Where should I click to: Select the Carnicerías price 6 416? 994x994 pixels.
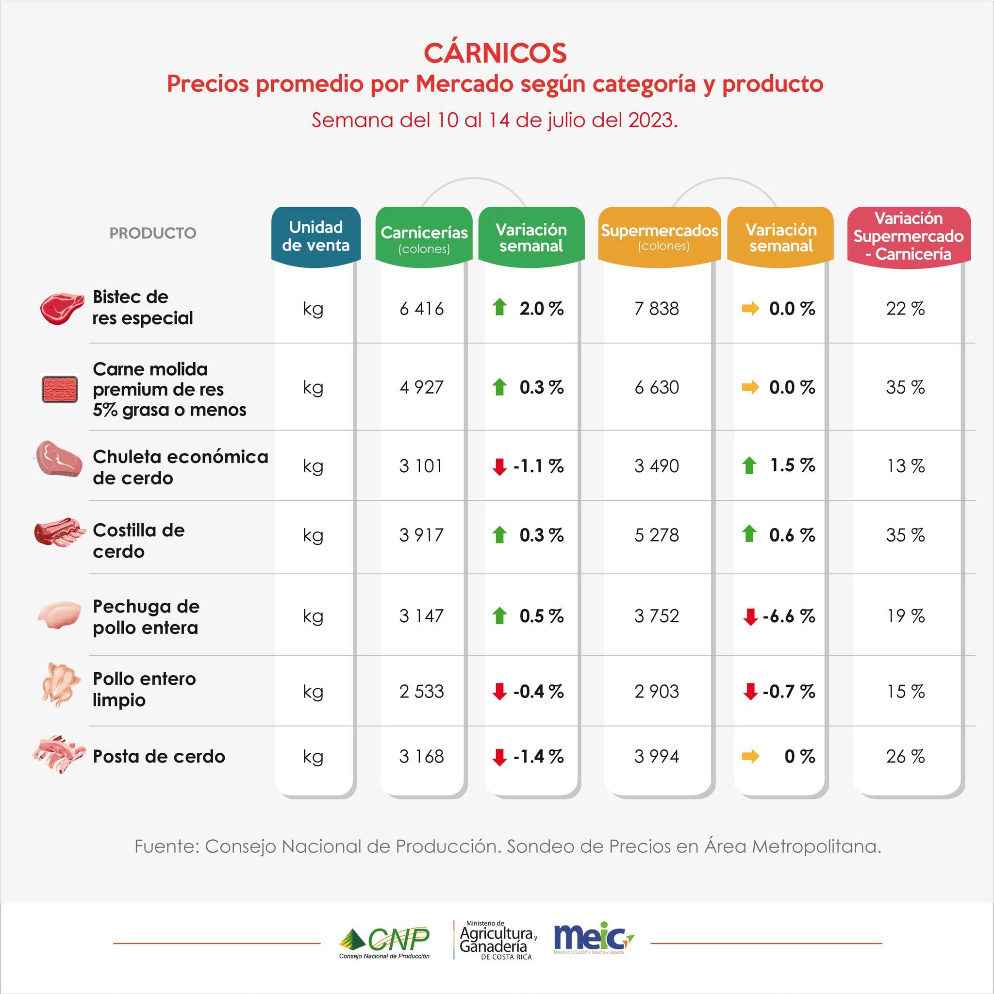point(421,309)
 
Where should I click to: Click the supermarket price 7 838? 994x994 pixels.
point(657,309)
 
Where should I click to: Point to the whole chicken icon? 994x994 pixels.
point(60,685)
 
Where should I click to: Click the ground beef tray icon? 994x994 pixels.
point(60,388)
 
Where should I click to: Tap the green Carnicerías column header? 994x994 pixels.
point(424,238)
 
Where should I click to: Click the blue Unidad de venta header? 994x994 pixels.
point(316,236)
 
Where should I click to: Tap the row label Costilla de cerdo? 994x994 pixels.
point(138,541)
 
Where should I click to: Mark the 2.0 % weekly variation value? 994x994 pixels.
point(541,309)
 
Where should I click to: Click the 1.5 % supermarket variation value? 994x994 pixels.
point(792,465)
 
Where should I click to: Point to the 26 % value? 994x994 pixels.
point(905,756)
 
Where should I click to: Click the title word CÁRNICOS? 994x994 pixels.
point(495,53)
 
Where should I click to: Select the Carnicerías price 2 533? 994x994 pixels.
point(421,691)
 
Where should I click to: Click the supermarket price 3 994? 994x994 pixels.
point(657,756)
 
